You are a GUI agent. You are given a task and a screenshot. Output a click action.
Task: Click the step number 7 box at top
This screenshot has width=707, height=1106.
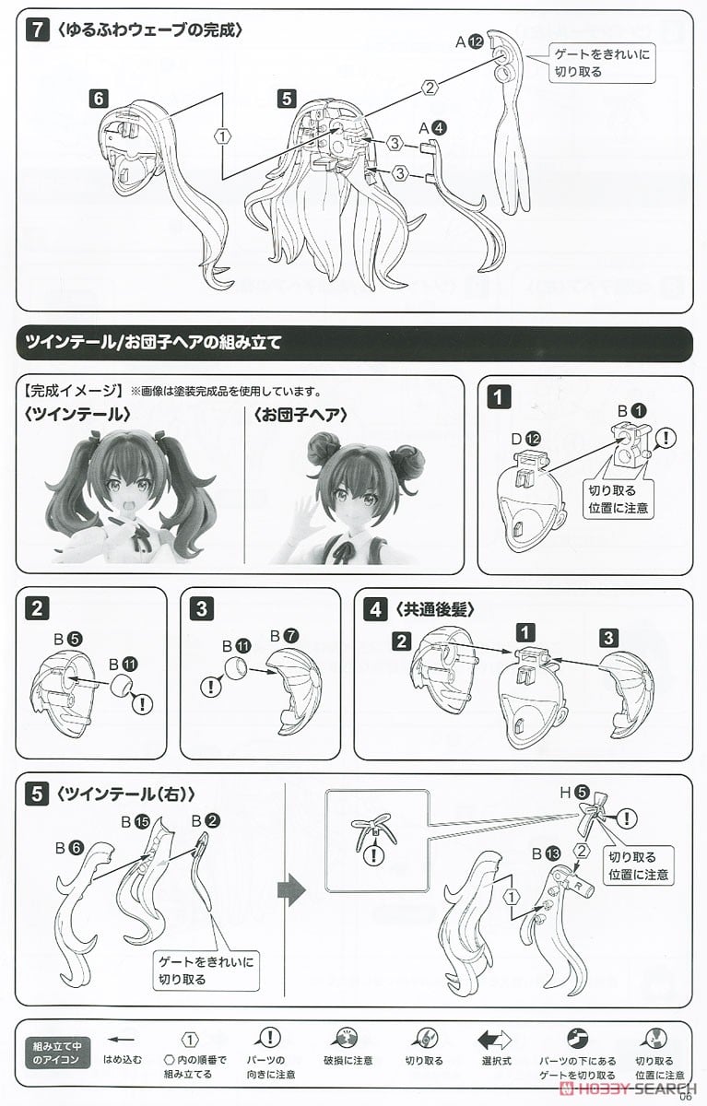[x=38, y=30]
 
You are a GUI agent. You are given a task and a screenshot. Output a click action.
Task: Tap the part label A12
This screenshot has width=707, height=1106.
[x=469, y=42]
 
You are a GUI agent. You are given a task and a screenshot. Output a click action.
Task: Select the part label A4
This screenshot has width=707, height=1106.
[x=432, y=128]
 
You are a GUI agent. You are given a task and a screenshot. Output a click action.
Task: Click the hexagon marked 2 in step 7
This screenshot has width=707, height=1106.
[x=430, y=88]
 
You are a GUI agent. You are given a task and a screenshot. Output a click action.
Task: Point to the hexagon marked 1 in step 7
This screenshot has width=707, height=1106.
[x=223, y=135]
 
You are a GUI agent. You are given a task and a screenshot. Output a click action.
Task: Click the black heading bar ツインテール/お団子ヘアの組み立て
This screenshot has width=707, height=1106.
[x=354, y=343]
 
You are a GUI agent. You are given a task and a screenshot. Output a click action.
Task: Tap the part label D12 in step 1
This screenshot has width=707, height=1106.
[x=526, y=439]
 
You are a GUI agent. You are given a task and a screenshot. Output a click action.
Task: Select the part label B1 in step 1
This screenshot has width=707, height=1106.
[x=632, y=410]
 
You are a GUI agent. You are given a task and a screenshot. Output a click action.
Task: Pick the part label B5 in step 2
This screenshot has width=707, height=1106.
[x=68, y=640]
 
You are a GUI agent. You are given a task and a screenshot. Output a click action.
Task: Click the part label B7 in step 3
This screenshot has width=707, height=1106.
[x=285, y=636]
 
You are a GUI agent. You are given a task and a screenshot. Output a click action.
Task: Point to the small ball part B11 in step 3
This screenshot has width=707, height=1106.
[x=236, y=667]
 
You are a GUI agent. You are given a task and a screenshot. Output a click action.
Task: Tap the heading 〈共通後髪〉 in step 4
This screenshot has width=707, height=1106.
[x=434, y=610]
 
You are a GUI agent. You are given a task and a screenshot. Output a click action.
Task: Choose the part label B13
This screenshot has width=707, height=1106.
[x=547, y=853]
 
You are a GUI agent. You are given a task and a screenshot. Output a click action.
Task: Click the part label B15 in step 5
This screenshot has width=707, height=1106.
[x=136, y=821]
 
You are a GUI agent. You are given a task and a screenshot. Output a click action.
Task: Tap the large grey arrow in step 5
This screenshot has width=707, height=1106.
[x=292, y=890]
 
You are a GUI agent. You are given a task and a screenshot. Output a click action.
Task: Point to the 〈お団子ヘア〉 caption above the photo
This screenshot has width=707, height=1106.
[x=301, y=415]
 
